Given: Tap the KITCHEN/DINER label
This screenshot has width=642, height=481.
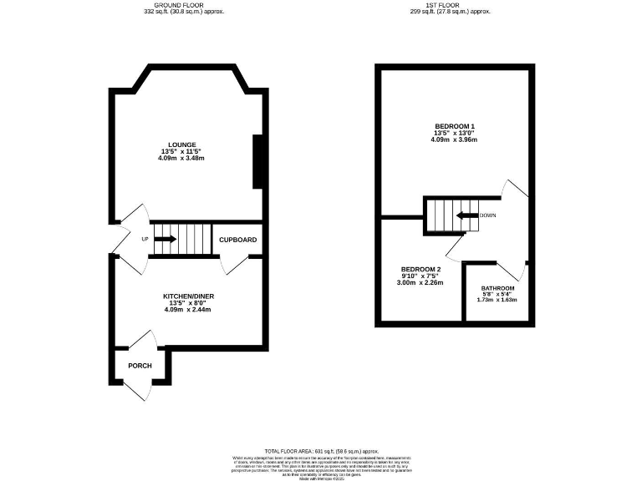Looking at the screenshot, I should [x=187, y=296].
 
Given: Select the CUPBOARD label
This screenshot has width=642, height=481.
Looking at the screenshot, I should [x=237, y=240].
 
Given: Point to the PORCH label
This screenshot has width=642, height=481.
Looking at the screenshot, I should [x=140, y=366].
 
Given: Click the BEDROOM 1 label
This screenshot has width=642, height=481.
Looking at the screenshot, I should [x=455, y=126].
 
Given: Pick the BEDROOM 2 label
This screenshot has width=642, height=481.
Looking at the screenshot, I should [x=420, y=269].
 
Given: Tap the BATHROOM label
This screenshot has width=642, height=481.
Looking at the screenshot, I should [x=497, y=288].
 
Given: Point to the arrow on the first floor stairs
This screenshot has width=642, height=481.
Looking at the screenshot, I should [x=462, y=215].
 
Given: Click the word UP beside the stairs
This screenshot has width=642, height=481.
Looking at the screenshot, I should [x=145, y=239].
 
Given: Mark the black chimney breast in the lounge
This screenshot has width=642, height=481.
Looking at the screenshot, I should [x=259, y=163].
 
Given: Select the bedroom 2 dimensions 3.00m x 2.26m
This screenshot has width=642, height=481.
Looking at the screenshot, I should [x=420, y=283].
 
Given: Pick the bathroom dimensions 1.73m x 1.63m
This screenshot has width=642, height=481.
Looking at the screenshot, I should [x=497, y=300].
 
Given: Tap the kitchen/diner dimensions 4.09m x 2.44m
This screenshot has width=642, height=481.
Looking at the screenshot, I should [x=187, y=310].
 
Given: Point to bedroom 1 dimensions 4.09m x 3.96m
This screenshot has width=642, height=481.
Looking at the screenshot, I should [x=455, y=139].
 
